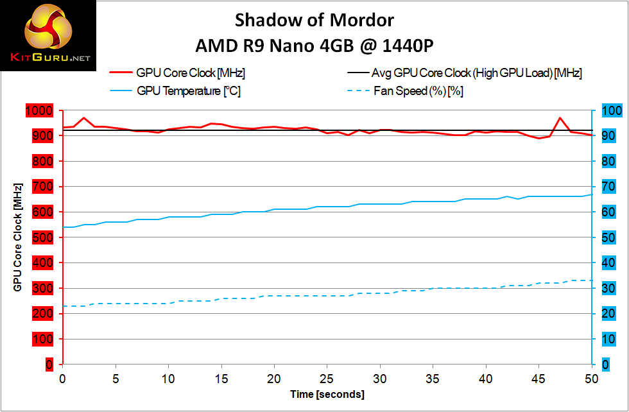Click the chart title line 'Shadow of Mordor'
[x=314, y=20]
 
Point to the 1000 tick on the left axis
[x=38, y=111]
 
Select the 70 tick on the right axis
[x=611, y=187]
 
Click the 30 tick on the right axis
[x=611, y=288]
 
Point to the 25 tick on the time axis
[x=327, y=379]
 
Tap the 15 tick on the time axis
[x=221, y=379]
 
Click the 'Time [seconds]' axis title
[x=327, y=394]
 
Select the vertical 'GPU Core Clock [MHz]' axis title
[x=17, y=237]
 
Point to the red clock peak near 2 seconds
[x=84, y=118]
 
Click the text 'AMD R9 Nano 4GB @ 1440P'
[x=314, y=46]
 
